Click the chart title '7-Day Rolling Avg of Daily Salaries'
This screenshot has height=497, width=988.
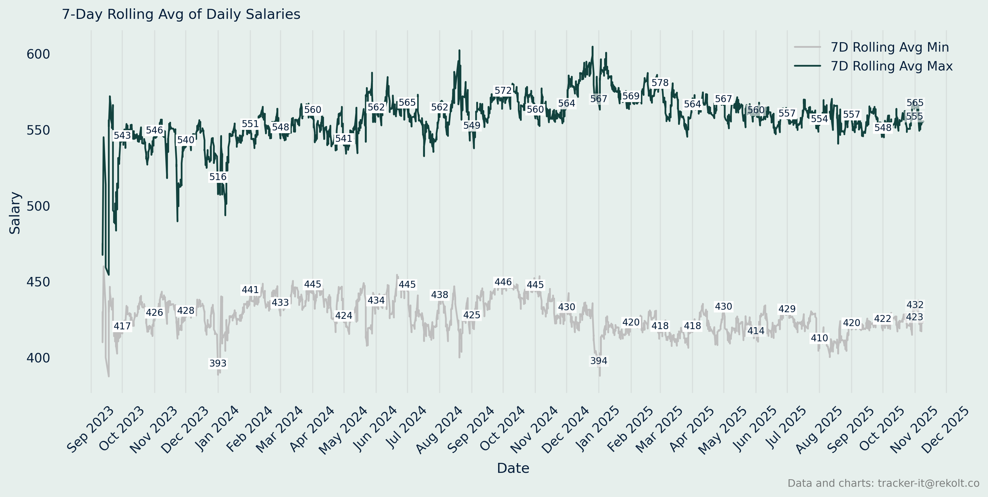[x=181, y=14]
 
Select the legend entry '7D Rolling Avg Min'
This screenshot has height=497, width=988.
[x=889, y=47]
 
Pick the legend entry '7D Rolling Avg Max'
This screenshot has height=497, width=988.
[x=891, y=66]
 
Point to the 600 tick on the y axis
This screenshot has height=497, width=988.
[x=38, y=54]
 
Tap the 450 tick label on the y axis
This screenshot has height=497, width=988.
[x=38, y=282]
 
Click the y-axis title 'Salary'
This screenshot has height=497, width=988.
[x=15, y=213]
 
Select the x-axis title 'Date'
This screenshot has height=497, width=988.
[x=513, y=468]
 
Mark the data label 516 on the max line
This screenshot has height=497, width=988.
[x=218, y=177]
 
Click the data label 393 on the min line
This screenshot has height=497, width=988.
[x=218, y=363]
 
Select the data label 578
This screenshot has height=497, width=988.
[x=660, y=83]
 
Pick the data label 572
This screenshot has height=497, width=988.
[x=503, y=90]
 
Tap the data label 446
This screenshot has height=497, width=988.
[x=503, y=282]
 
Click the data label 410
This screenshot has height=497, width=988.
[x=819, y=338]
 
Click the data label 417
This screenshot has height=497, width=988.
[x=122, y=326]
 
